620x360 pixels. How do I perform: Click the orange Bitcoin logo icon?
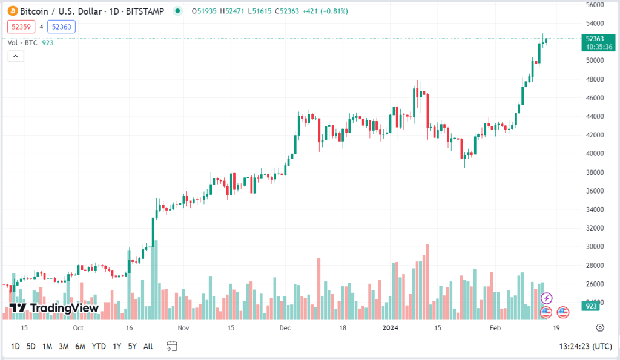point(12,11)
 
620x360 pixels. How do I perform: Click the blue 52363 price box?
point(63,27)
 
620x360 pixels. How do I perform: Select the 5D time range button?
point(31,346)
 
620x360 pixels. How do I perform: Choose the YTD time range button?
point(99,346)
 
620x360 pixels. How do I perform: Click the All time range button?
point(148,346)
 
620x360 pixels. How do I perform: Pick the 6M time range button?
point(80,346)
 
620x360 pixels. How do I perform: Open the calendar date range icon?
point(172,346)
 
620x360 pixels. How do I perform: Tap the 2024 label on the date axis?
point(391,327)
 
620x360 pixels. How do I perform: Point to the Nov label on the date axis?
point(184,327)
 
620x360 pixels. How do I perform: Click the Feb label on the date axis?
point(495,327)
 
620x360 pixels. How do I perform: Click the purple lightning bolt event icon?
point(546,298)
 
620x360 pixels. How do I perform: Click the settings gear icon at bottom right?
point(599,327)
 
